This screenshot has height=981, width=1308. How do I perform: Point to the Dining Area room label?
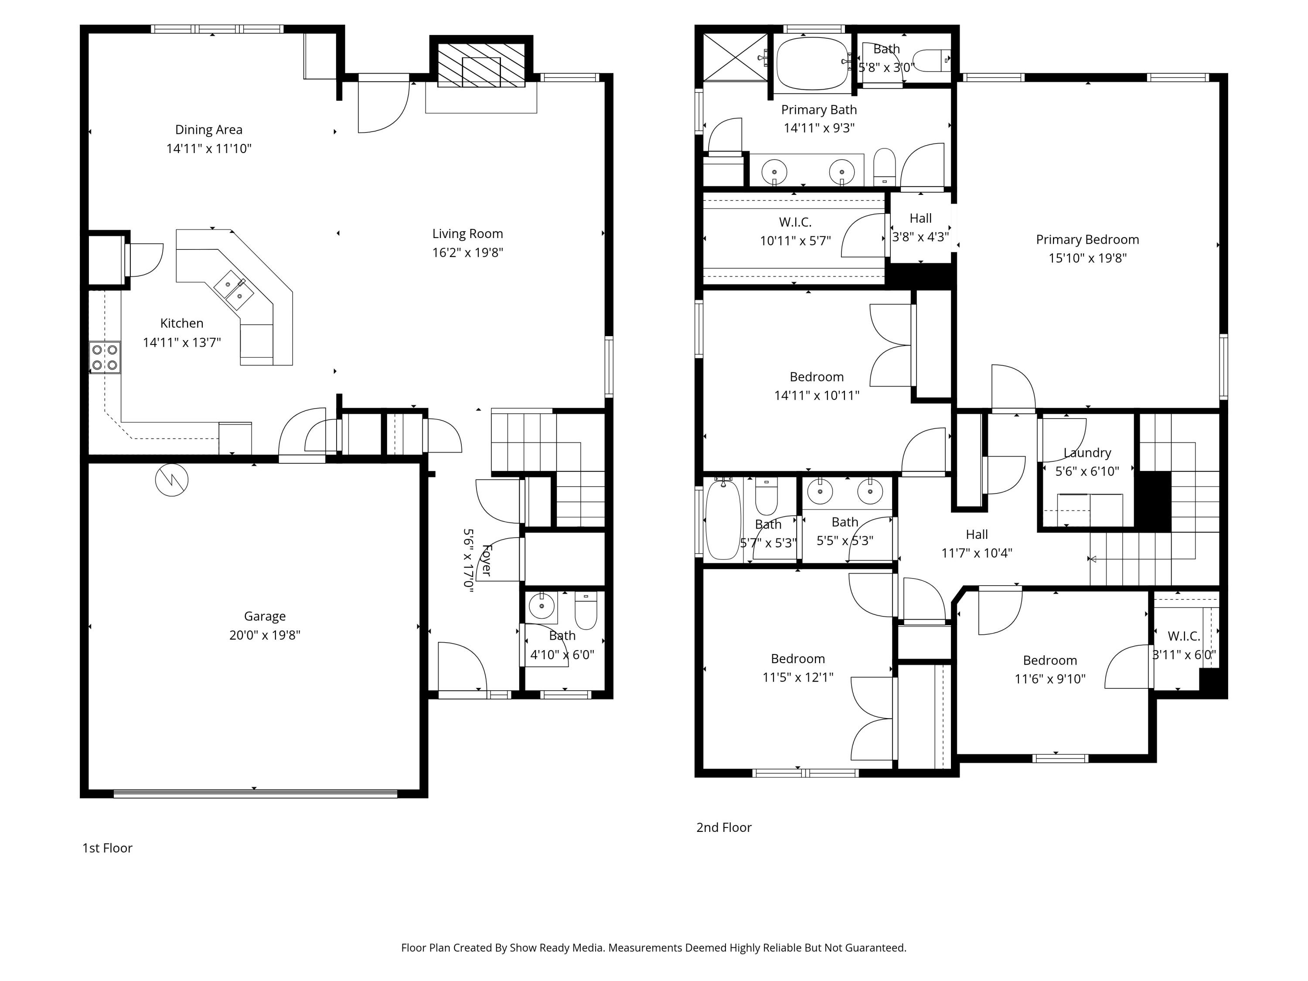click(209, 129)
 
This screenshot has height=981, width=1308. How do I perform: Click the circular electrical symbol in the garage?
click(171, 480)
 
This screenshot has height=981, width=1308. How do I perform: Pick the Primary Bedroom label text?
click(1087, 239)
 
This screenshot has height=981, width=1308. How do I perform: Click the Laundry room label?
click(1087, 453)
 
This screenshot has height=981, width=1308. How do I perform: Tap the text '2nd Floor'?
click(724, 827)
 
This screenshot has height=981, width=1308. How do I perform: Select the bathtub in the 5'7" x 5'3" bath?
click(722, 520)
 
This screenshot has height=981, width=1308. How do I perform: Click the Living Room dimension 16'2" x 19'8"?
click(467, 252)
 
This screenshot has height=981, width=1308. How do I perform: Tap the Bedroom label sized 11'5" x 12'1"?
click(798, 659)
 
